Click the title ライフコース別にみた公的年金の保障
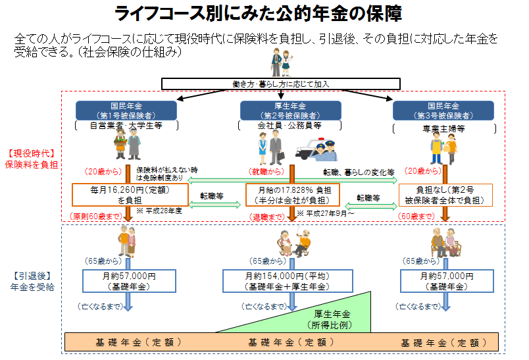pyautogui.click(x=259, y=13)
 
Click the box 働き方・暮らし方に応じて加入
pyautogui.click(x=281, y=84)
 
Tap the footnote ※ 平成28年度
pyautogui.click(x=155, y=211)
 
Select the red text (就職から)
pyautogui.click(x=266, y=172)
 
